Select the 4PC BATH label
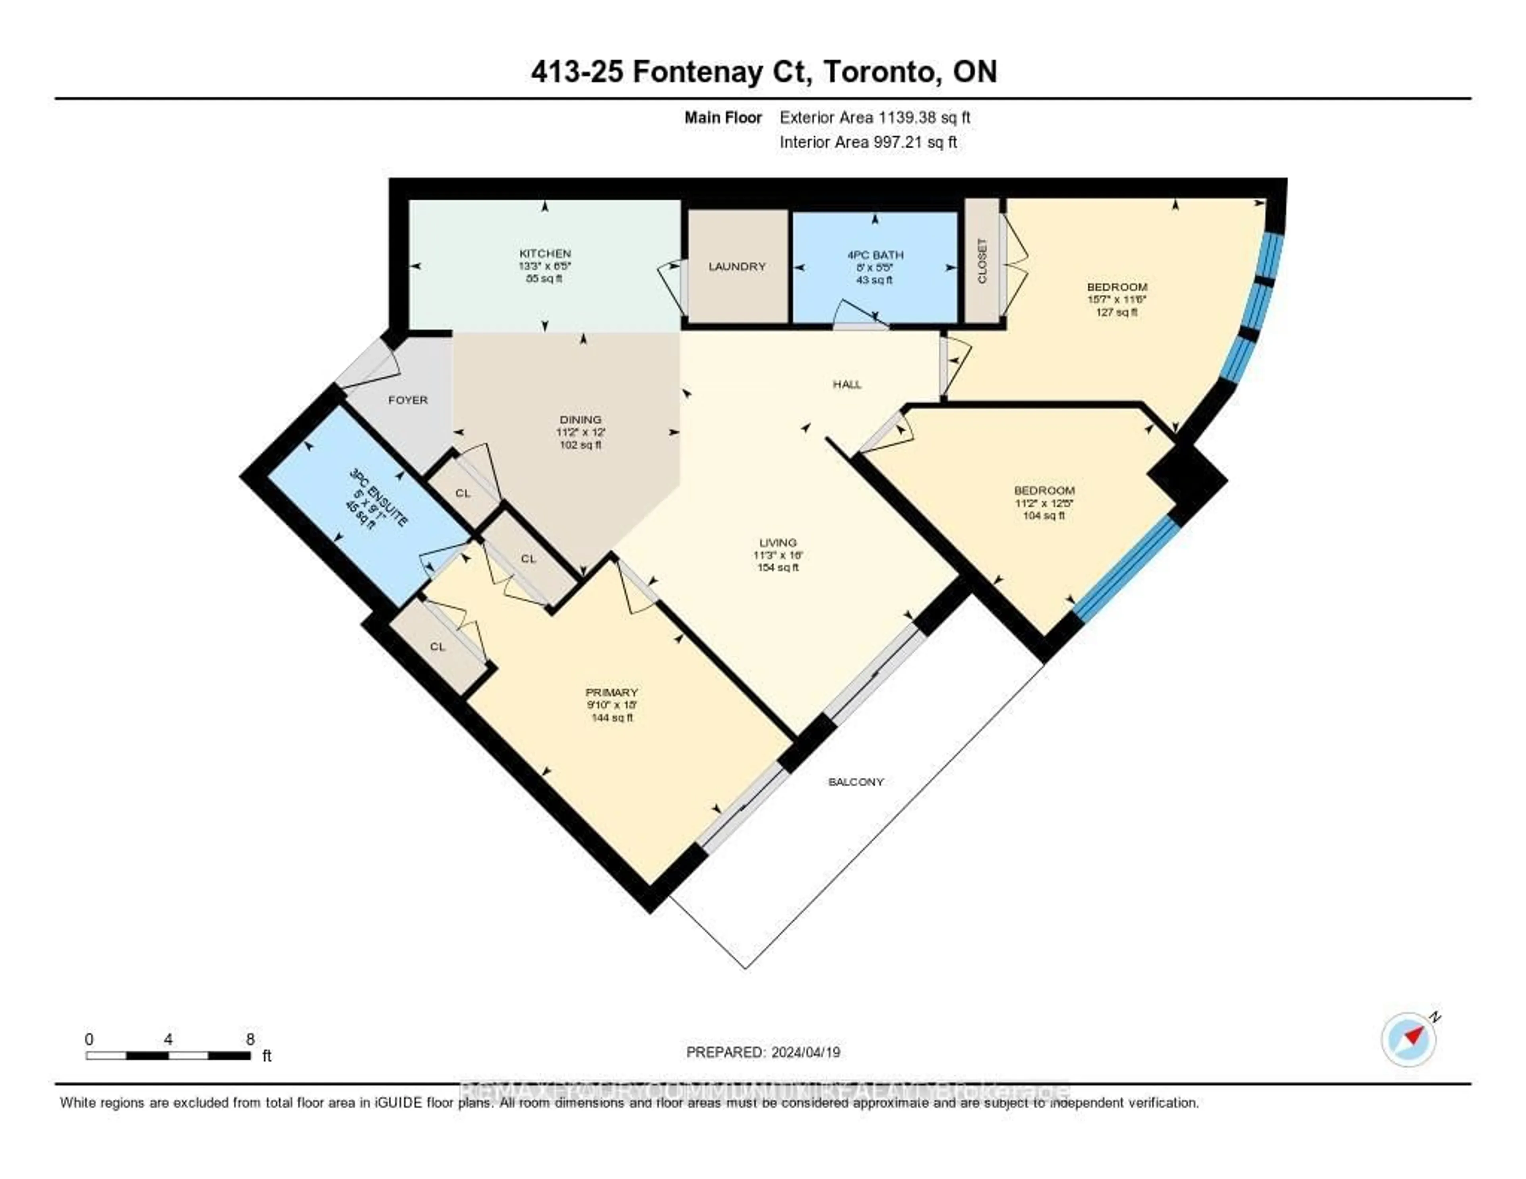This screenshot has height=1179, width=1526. pyautogui.click(x=874, y=255)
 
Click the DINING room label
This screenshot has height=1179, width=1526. pyautogui.click(x=580, y=419)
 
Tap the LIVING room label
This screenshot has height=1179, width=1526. pyautogui.click(x=778, y=542)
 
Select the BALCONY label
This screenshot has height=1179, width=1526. pyautogui.click(x=856, y=781)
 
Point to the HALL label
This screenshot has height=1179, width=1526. pyautogui.click(x=847, y=384)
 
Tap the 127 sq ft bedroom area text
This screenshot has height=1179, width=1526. pyautogui.click(x=1117, y=312)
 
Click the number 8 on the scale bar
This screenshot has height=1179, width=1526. pyautogui.click(x=250, y=1039)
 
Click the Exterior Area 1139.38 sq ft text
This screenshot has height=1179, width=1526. pyautogui.click(x=875, y=117)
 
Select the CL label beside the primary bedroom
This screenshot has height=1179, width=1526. pyautogui.click(x=438, y=646)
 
